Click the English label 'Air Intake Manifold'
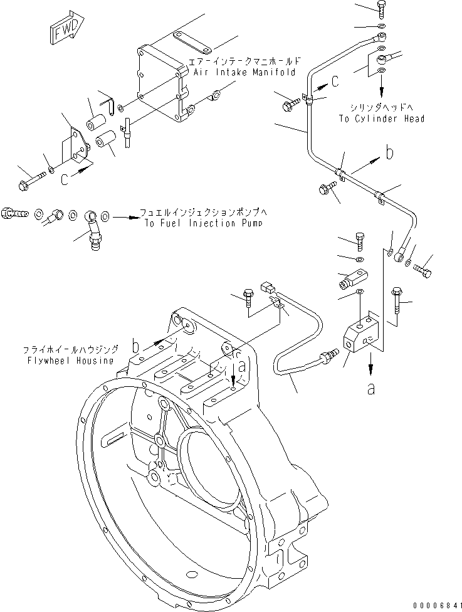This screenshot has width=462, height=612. point(244,73)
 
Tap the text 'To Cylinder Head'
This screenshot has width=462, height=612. point(390,119)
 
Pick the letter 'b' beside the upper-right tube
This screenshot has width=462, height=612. point(389,152)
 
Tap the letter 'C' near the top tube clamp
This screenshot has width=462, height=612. point(335,80)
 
